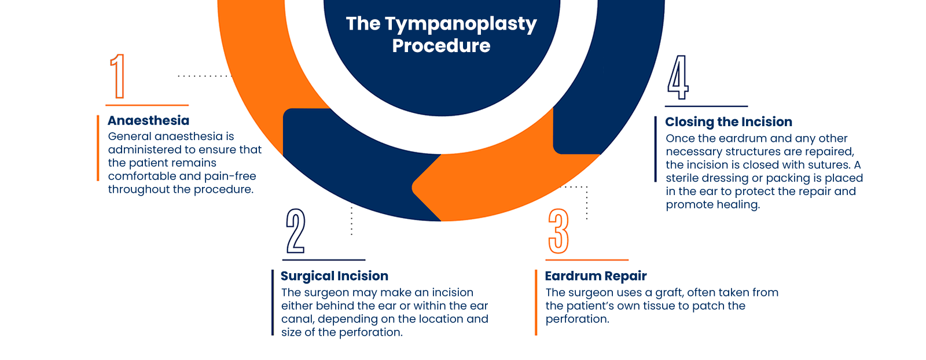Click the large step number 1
tap(118, 76)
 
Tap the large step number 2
tap(296, 231)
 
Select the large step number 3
tap(558, 231)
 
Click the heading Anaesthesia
tap(149, 120)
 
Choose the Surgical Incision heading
tap(335, 276)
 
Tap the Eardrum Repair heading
tap(596, 276)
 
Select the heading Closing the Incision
tap(729, 122)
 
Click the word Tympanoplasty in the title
tap(461, 24)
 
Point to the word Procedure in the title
tap(441, 46)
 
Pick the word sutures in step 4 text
tap(828, 165)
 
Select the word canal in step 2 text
tap(297, 319)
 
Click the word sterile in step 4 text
tap(682, 178)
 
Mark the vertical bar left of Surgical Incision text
tap(273, 302)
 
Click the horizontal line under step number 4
tap(706, 106)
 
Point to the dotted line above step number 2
tap(351, 220)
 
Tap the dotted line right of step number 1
tap(203, 76)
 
